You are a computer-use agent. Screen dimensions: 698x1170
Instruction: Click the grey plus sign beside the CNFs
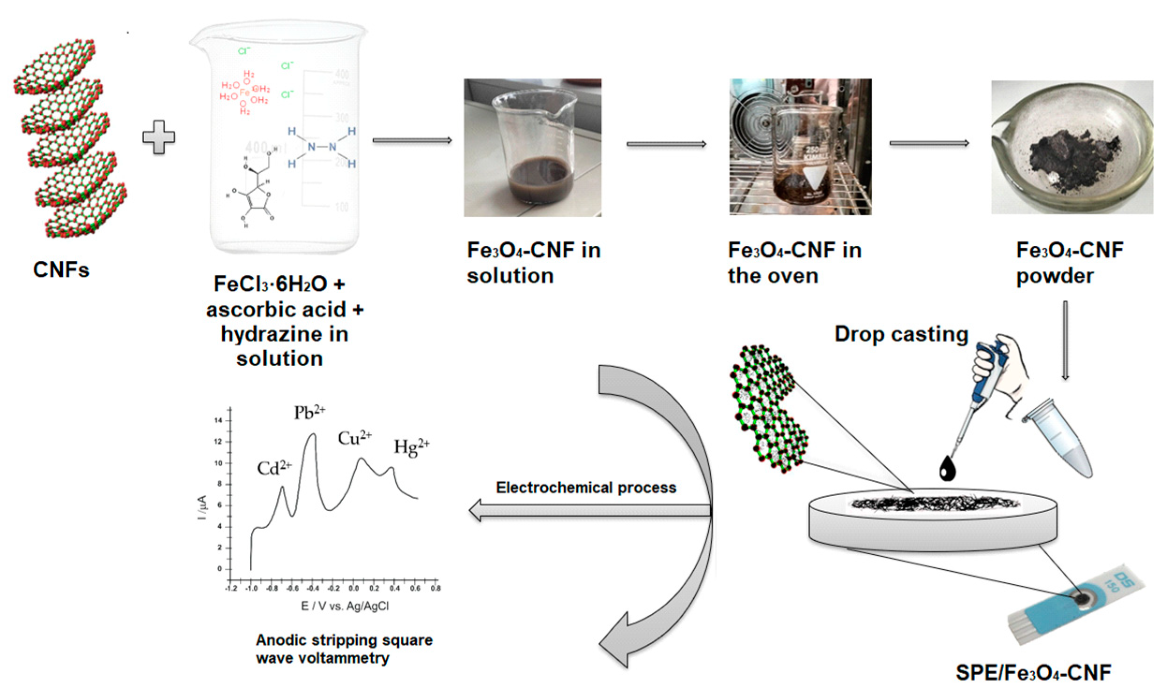159,137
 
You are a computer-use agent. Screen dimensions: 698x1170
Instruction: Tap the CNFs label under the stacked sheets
61,270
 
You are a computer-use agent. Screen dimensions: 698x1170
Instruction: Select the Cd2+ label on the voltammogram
274,468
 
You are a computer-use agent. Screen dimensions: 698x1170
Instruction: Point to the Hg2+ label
412,446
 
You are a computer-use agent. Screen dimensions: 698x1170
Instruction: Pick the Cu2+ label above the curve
354,438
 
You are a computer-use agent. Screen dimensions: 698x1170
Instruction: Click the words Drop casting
901,334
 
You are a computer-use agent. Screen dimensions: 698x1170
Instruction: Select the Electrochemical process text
586,487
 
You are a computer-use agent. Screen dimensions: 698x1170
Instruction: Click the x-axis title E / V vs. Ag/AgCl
345,606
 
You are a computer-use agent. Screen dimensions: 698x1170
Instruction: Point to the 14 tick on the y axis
218,420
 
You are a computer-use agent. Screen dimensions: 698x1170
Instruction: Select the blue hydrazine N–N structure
322,147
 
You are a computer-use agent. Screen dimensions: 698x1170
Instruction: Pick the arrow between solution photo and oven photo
666,144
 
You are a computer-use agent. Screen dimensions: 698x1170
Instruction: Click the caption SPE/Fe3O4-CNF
1033,673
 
